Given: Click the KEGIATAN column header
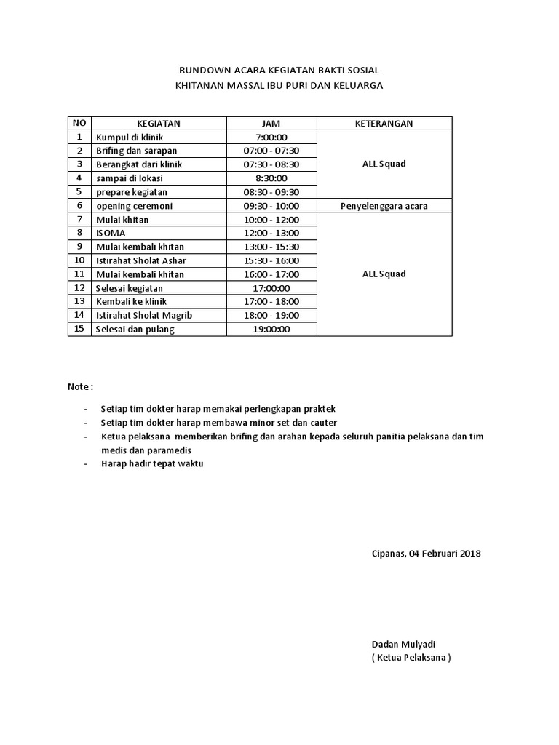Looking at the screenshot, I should [159, 124].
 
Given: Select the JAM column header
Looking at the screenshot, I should [271, 124].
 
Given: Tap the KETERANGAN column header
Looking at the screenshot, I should [384, 124].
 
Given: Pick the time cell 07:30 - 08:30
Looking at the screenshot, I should [271, 164].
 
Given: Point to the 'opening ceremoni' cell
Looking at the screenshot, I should [135, 206].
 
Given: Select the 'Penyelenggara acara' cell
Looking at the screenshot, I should [384, 206].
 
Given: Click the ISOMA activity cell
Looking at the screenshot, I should [111, 234].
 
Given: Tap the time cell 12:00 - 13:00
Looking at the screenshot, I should [271, 234].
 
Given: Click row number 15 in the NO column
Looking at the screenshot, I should [79, 329].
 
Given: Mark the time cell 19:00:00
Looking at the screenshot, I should [271, 329].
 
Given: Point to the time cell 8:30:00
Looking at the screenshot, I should [271, 178].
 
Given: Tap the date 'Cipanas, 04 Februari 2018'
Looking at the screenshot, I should [426, 554].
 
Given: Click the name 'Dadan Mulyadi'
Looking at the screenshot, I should [403, 645].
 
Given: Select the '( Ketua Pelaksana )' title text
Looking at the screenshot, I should [411, 658].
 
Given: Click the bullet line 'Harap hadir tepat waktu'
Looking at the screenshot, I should [152, 463].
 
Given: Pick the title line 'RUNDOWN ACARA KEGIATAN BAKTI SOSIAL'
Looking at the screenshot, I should [279, 71].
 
